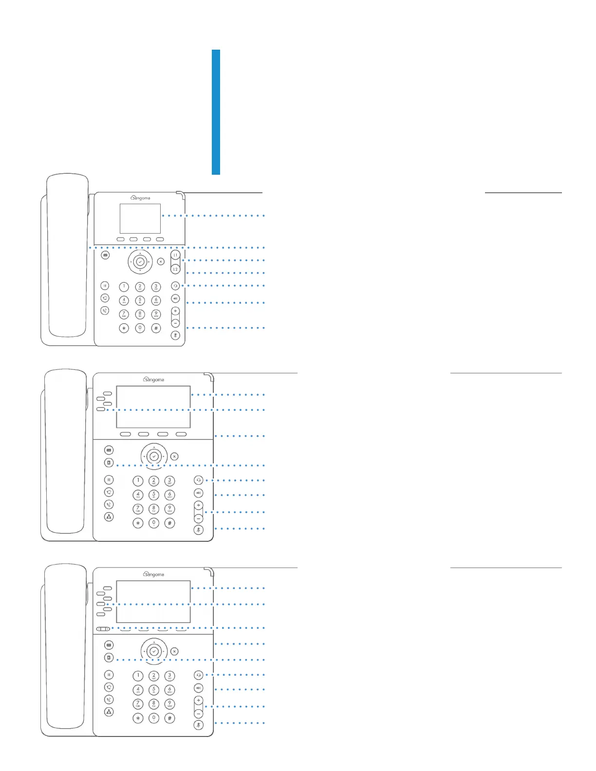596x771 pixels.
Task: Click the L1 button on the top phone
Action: [x=175, y=255]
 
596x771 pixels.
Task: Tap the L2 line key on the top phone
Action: [x=175, y=269]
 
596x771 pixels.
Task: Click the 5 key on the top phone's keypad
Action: [x=140, y=301]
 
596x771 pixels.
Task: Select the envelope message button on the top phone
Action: [x=105, y=255]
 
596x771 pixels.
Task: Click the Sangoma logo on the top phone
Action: [x=140, y=198]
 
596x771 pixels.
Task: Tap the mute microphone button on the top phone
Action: [x=175, y=335]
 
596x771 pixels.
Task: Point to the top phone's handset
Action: [x=67, y=256]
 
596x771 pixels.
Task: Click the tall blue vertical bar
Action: [x=216, y=112]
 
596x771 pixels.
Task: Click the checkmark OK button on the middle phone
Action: [x=154, y=457]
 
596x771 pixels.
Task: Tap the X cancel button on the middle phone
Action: [x=174, y=457]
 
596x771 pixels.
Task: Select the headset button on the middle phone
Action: [x=198, y=480]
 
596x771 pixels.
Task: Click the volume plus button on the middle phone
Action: [x=198, y=506]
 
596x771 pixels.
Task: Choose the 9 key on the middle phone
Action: [x=169, y=509]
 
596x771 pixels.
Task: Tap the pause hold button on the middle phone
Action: [x=109, y=480]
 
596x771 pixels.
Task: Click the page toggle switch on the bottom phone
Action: [x=103, y=629]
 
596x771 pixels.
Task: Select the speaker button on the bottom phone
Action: [x=198, y=688]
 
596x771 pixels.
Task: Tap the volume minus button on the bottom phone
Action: [x=198, y=714]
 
